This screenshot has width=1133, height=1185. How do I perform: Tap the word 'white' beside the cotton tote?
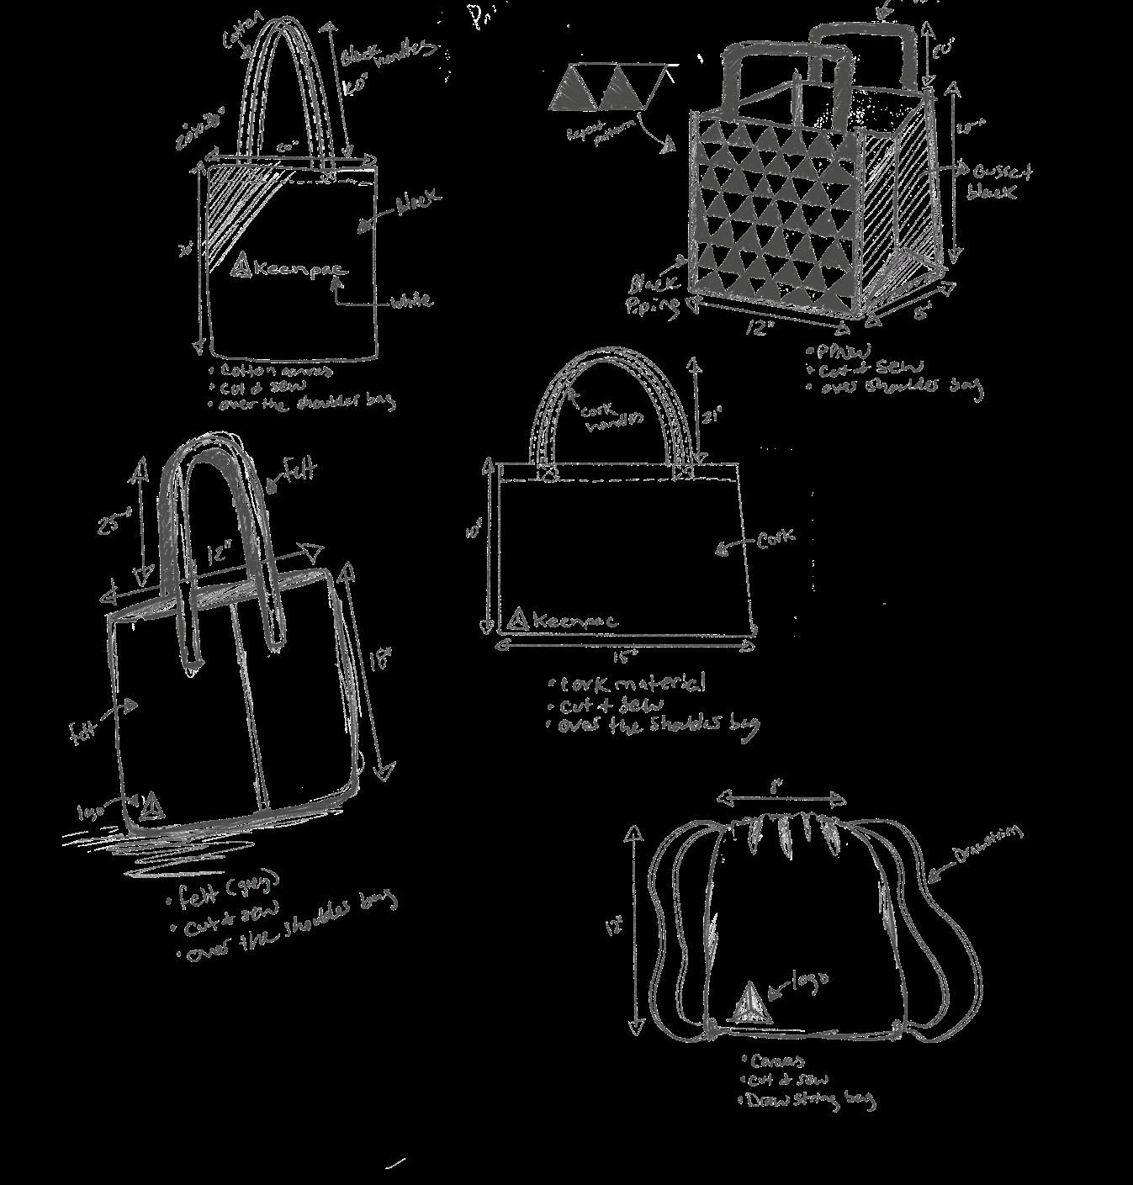tap(410, 300)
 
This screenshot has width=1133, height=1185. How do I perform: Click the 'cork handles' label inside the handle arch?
tap(612, 414)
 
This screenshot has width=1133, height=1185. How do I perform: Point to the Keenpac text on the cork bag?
tap(574, 622)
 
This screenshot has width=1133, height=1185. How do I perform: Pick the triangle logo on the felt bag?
tap(152, 807)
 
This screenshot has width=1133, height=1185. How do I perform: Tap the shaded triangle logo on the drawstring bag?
tap(751, 1004)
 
